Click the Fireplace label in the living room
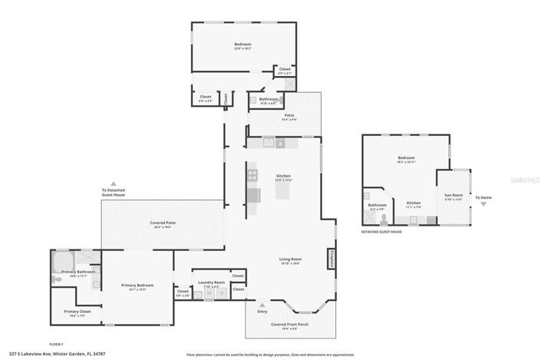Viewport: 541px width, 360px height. click(x=332, y=259)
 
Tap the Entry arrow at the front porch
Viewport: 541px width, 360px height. click(x=262, y=305)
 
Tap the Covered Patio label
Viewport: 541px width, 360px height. click(x=163, y=225)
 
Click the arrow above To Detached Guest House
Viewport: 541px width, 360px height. click(x=114, y=183)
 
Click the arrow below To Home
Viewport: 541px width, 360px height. click(x=483, y=205)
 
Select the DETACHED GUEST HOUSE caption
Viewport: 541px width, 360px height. click(x=381, y=231)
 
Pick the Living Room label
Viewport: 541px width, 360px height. click(x=290, y=260)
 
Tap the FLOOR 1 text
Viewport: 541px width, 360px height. click(x=56, y=344)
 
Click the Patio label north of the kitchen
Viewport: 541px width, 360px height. click(x=289, y=117)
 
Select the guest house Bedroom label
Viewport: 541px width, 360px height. click(x=406, y=159)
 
